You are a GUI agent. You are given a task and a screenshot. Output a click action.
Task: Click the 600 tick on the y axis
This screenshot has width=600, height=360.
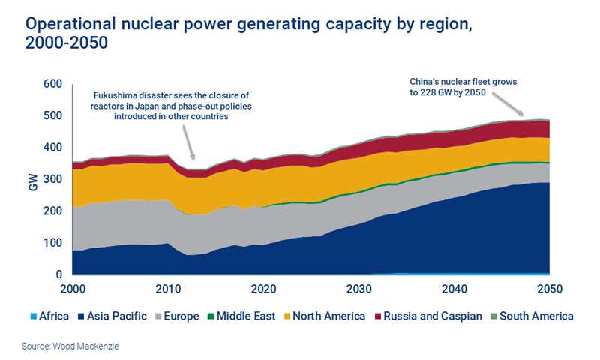point(52,84)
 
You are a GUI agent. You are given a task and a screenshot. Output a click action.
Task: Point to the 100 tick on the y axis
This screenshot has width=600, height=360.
point(52,243)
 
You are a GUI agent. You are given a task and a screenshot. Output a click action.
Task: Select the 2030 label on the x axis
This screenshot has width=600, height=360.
point(358,289)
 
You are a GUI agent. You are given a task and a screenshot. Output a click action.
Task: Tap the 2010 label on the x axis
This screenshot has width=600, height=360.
point(167,289)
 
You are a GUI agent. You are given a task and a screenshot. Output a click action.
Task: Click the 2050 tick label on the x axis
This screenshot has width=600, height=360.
point(549,289)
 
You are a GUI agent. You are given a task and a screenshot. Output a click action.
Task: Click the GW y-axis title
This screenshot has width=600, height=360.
point(33,180)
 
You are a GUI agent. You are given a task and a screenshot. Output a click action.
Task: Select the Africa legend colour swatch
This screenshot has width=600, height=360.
point(34,316)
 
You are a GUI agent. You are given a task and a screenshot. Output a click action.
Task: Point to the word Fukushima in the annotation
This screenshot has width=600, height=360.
point(117,95)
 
